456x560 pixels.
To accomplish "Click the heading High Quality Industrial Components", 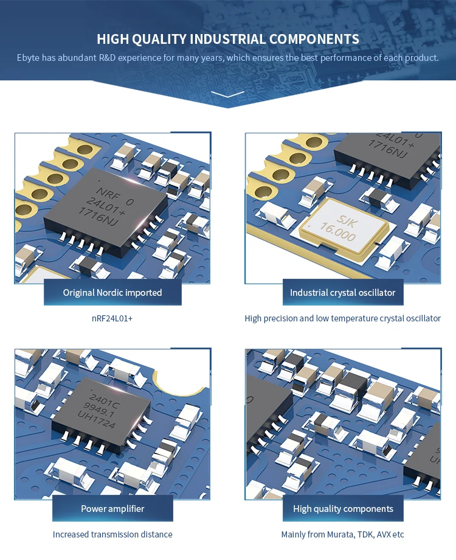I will [x=228, y=39].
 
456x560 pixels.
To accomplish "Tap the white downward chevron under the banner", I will [x=228, y=94].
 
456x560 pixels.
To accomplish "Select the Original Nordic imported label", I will [x=112, y=293].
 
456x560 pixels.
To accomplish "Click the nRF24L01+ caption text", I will [x=112, y=318].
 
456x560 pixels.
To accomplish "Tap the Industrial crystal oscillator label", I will [x=342, y=293].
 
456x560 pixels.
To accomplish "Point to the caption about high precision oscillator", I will [x=342, y=318].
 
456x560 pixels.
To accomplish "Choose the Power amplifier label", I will [x=112, y=508].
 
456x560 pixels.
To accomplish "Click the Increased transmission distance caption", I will [x=112, y=534].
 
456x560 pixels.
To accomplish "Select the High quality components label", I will [x=343, y=508].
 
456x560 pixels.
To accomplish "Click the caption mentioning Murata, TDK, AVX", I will [x=342, y=534].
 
